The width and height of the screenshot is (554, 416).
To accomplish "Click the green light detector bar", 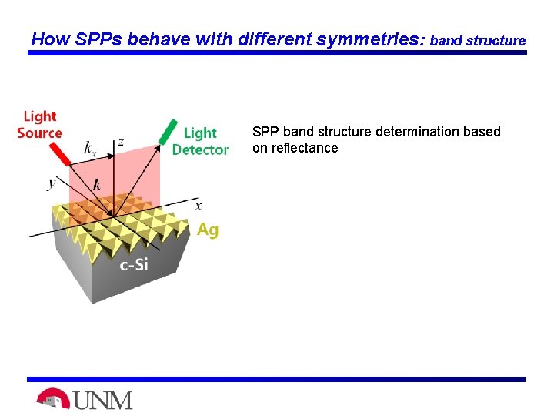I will click(x=164, y=133).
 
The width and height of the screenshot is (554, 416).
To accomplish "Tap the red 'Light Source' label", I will click(x=39, y=124).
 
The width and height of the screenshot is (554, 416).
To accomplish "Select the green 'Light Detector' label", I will click(x=200, y=141).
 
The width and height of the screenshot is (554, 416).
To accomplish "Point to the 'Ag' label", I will click(x=208, y=230).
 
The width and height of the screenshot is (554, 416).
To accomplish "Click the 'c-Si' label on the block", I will click(x=134, y=266).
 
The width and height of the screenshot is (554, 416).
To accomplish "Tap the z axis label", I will click(x=120, y=143).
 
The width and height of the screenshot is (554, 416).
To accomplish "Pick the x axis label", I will click(x=199, y=205).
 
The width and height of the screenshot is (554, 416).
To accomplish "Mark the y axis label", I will click(x=52, y=183).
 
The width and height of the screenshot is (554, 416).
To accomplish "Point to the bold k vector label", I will click(x=96, y=184).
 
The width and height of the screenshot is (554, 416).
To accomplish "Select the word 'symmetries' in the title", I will click(x=362, y=39).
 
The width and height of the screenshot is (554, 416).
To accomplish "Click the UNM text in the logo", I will click(x=102, y=400).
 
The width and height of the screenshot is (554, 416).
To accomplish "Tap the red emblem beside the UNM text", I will click(x=52, y=399).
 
